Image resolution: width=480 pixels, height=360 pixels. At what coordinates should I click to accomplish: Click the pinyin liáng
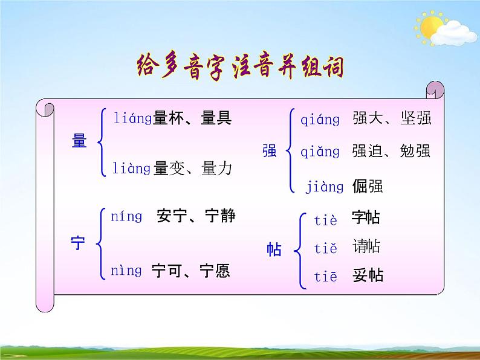[x=132, y=118]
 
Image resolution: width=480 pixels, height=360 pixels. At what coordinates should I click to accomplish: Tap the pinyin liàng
[x=131, y=169]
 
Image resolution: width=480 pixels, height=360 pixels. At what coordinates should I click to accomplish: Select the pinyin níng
[x=126, y=216]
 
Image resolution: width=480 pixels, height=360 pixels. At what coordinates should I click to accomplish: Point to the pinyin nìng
[x=126, y=271]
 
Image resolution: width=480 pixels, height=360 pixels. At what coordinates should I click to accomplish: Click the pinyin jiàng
[x=324, y=187]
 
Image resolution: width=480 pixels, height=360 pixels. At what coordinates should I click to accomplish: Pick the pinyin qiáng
[x=320, y=120]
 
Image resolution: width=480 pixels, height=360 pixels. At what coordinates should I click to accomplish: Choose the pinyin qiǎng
[x=320, y=152]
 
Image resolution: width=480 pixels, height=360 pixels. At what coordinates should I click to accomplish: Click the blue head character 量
[x=79, y=142]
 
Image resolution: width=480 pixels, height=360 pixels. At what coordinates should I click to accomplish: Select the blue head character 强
[x=270, y=151]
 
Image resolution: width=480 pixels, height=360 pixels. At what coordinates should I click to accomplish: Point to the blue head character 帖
[x=274, y=249]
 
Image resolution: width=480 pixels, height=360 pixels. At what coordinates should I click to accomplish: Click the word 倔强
[x=368, y=186]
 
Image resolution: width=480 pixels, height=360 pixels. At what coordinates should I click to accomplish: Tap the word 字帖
[x=366, y=219]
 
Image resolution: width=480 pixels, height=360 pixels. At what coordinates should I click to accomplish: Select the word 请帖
[x=366, y=246]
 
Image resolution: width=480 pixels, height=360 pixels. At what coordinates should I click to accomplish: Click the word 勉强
[x=415, y=151]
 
